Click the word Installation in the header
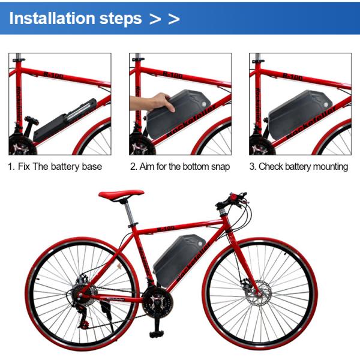tap(52, 19)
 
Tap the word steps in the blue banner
tap(121, 19)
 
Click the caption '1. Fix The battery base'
tap(55, 166)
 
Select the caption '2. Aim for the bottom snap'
tap(180, 166)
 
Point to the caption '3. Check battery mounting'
tap(299, 166)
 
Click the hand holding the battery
tap(153, 103)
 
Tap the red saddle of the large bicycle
tap(121, 194)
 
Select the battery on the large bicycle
tap(179, 259)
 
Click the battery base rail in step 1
tap(65, 120)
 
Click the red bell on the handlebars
tap(234, 197)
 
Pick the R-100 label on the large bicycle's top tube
tap(166, 229)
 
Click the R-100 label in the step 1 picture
tap(53, 75)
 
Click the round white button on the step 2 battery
tap(203, 104)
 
